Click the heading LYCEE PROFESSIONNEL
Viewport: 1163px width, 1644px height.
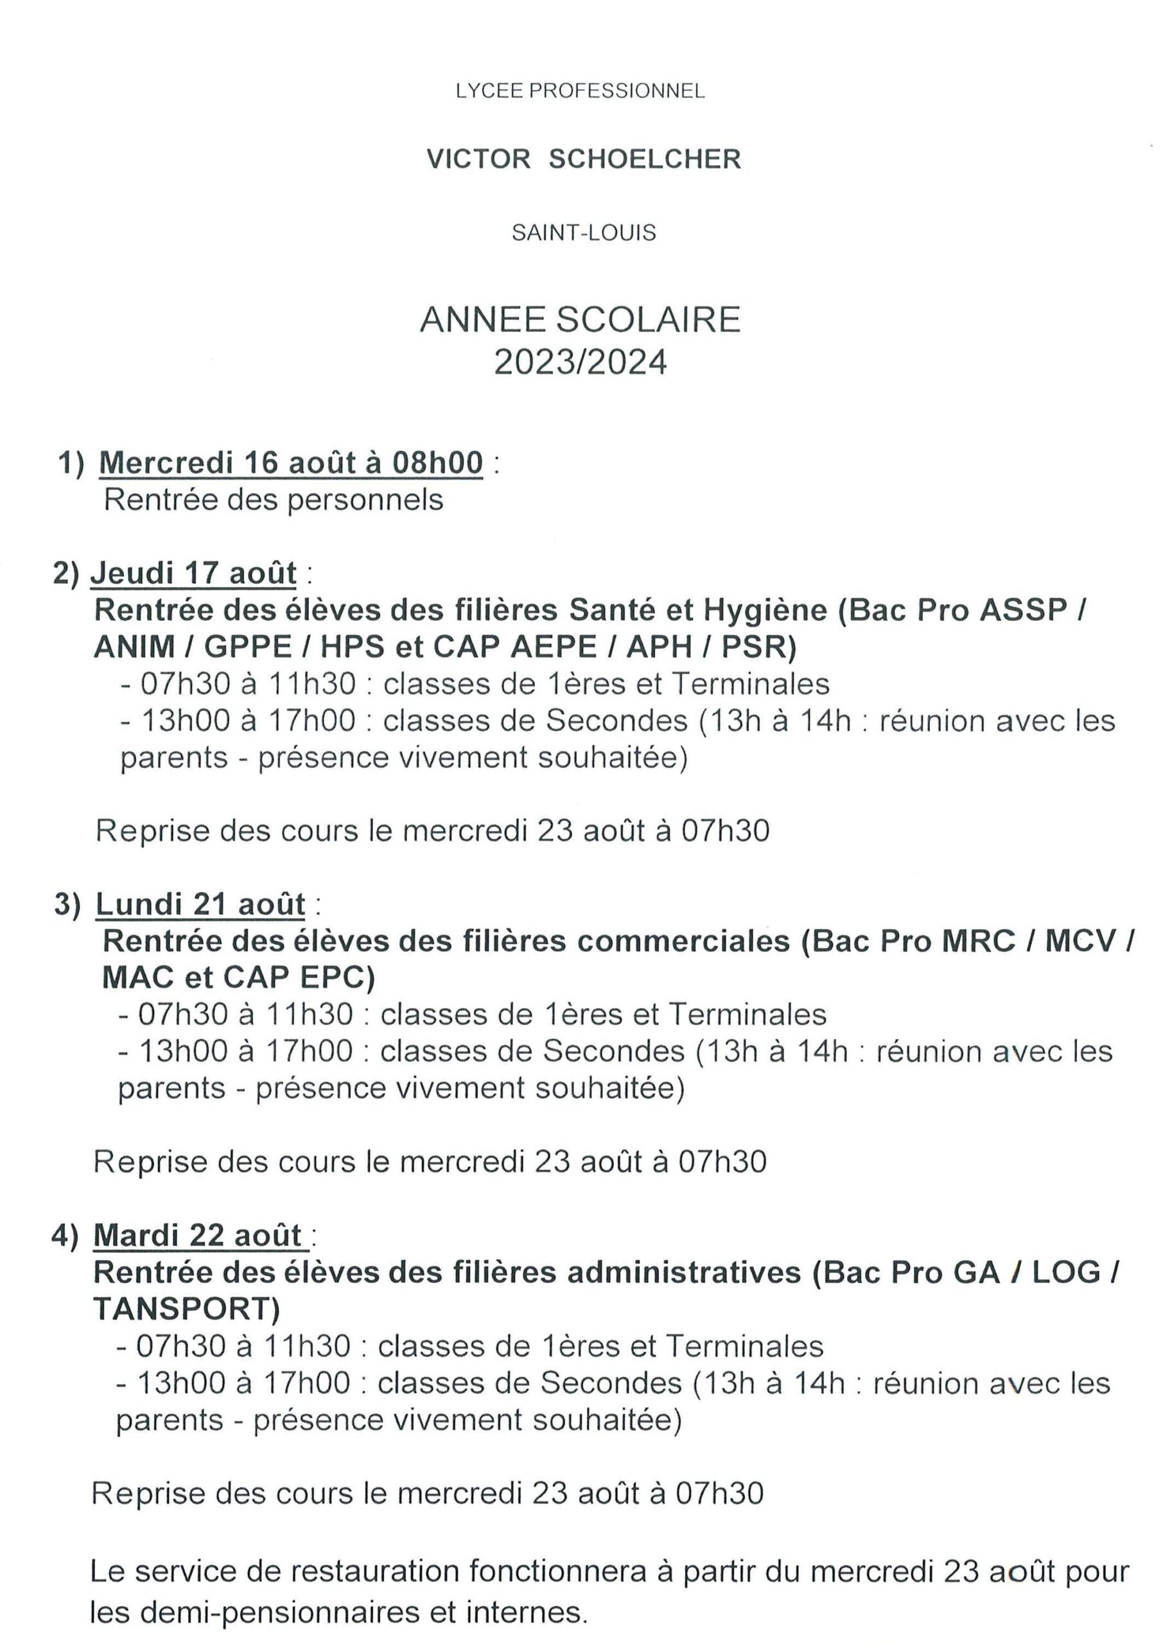click(x=580, y=91)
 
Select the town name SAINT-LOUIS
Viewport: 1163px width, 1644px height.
click(x=584, y=232)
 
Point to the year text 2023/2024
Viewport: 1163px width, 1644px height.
click(x=580, y=362)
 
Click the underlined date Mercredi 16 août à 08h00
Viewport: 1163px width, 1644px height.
click(x=291, y=462)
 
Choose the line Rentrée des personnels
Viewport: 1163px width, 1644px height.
click(x=274, y=500)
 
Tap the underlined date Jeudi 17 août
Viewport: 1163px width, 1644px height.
click(x=193, y=573)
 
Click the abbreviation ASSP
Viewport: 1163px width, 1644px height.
click(x=1024, y=610)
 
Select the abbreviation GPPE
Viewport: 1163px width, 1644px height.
click(x=248, y=647)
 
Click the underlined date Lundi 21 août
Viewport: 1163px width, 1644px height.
click(x=200, y=904)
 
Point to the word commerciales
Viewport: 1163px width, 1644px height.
click(x=683, y=941)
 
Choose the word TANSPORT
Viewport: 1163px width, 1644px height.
click(x=182, y=1309)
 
